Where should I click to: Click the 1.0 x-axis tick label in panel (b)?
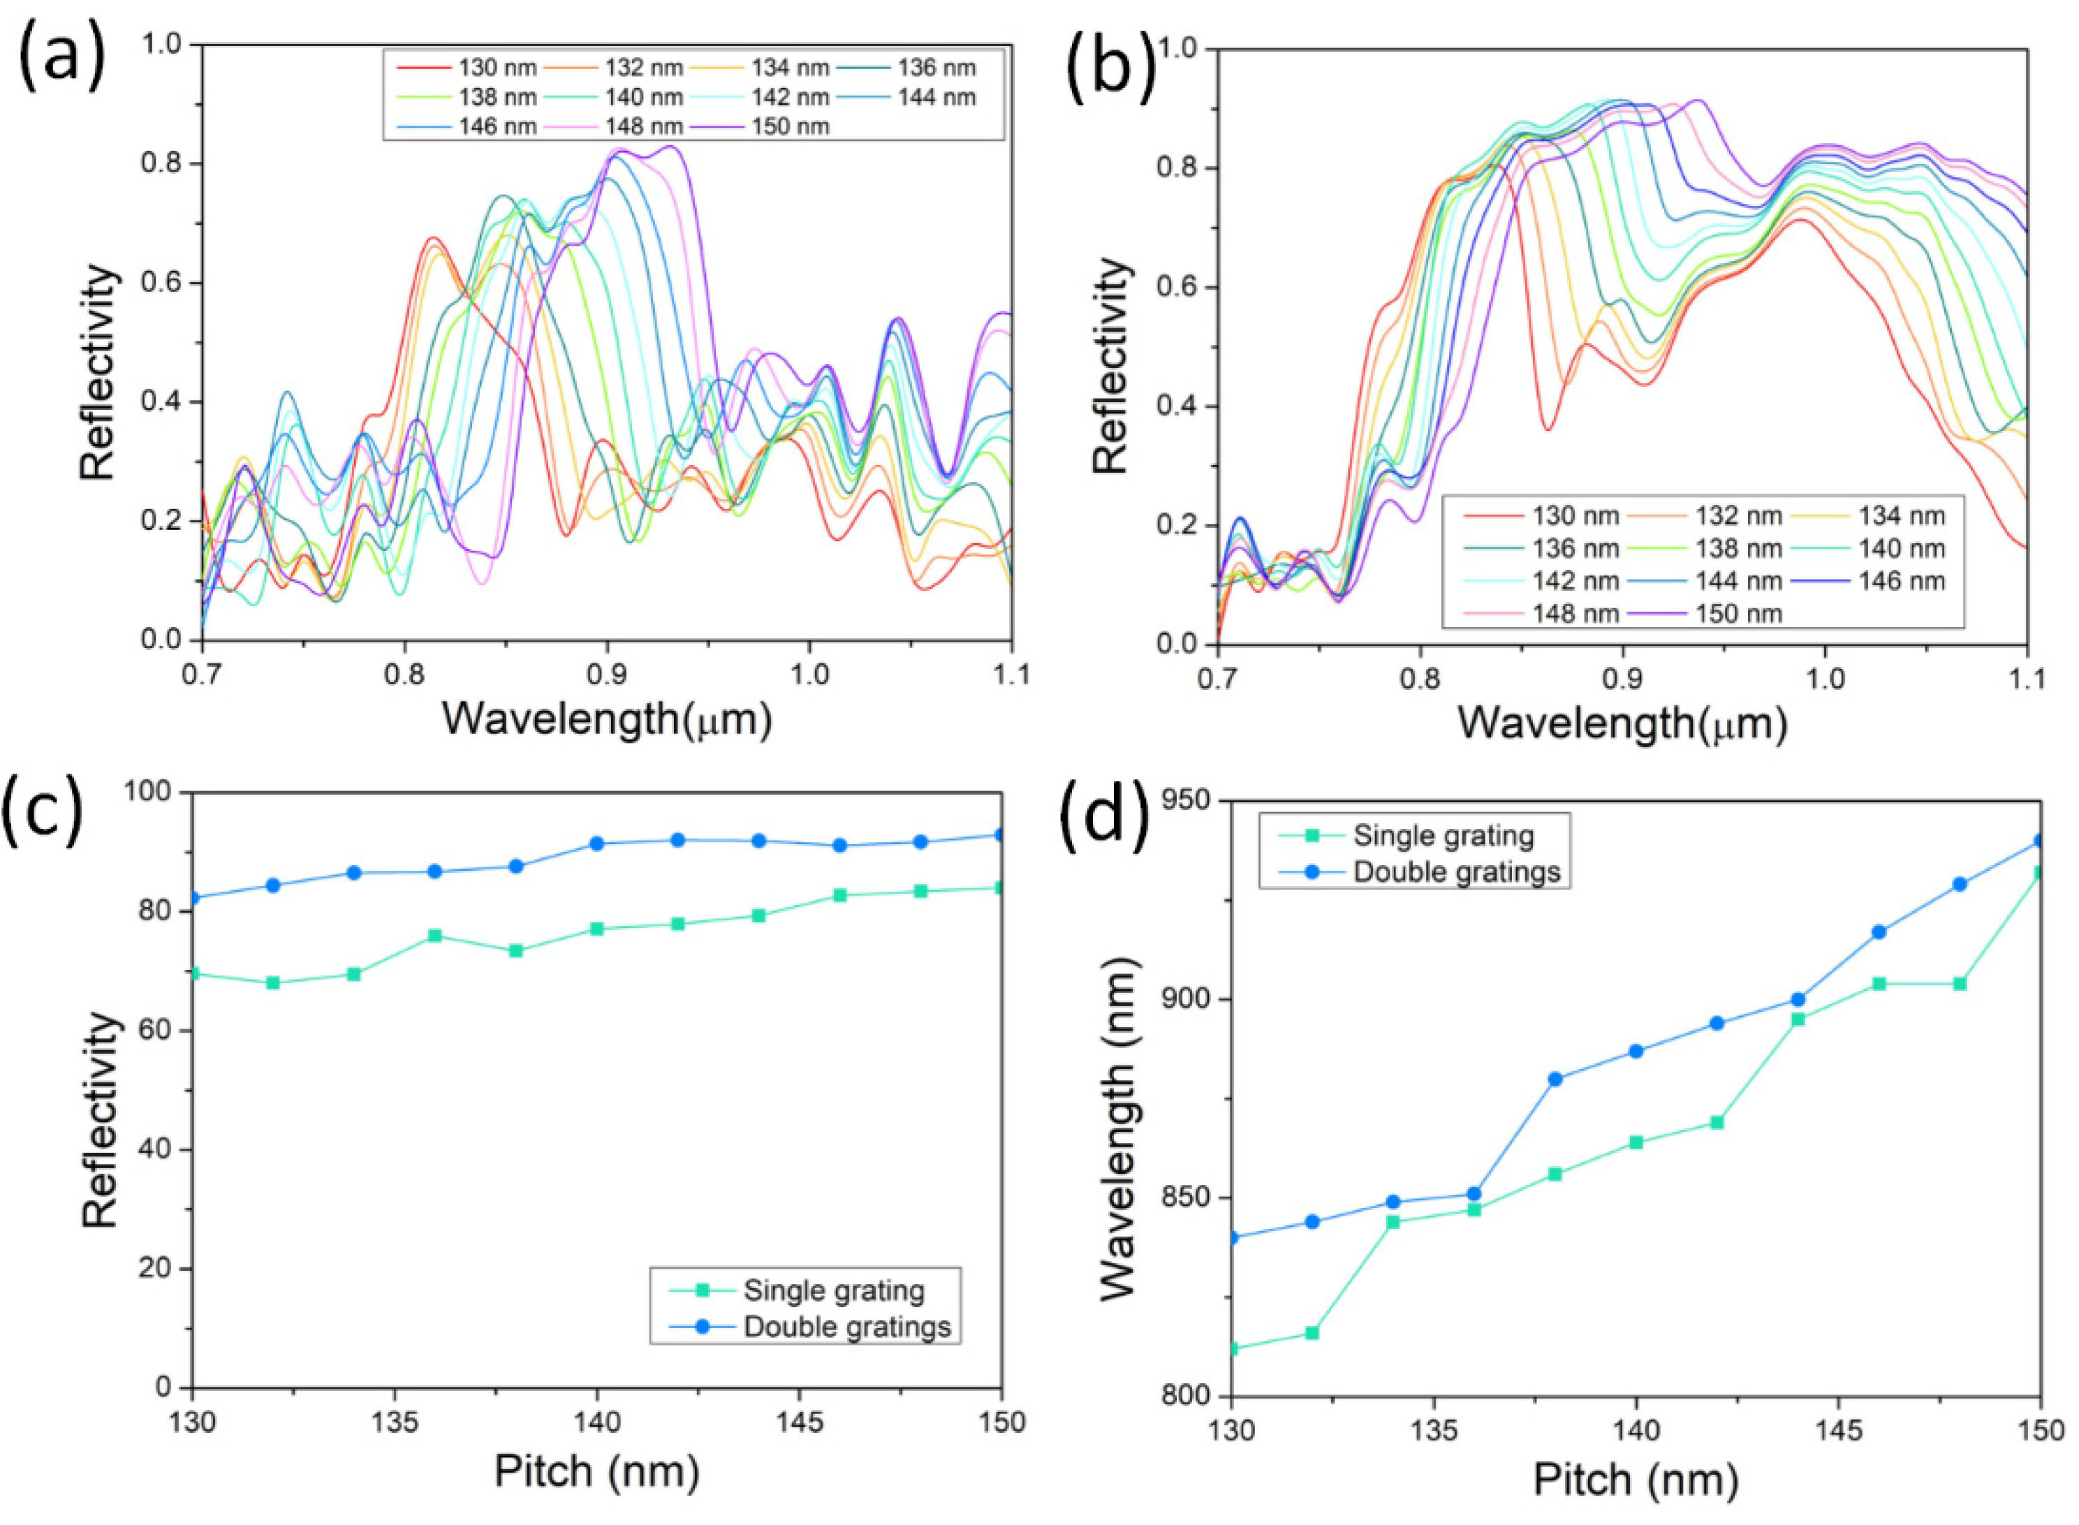pos(1824,680)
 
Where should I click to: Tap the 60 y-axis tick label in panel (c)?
pos(155,1030)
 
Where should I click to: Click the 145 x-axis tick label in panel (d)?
pos(1838,1431)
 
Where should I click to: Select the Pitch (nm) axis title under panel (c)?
pos(596,1471)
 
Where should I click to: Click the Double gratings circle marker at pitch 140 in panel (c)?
pos(596,843)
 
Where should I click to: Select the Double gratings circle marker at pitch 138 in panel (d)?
pos(1555,1079)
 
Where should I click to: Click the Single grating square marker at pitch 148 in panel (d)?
pos(1960,984)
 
